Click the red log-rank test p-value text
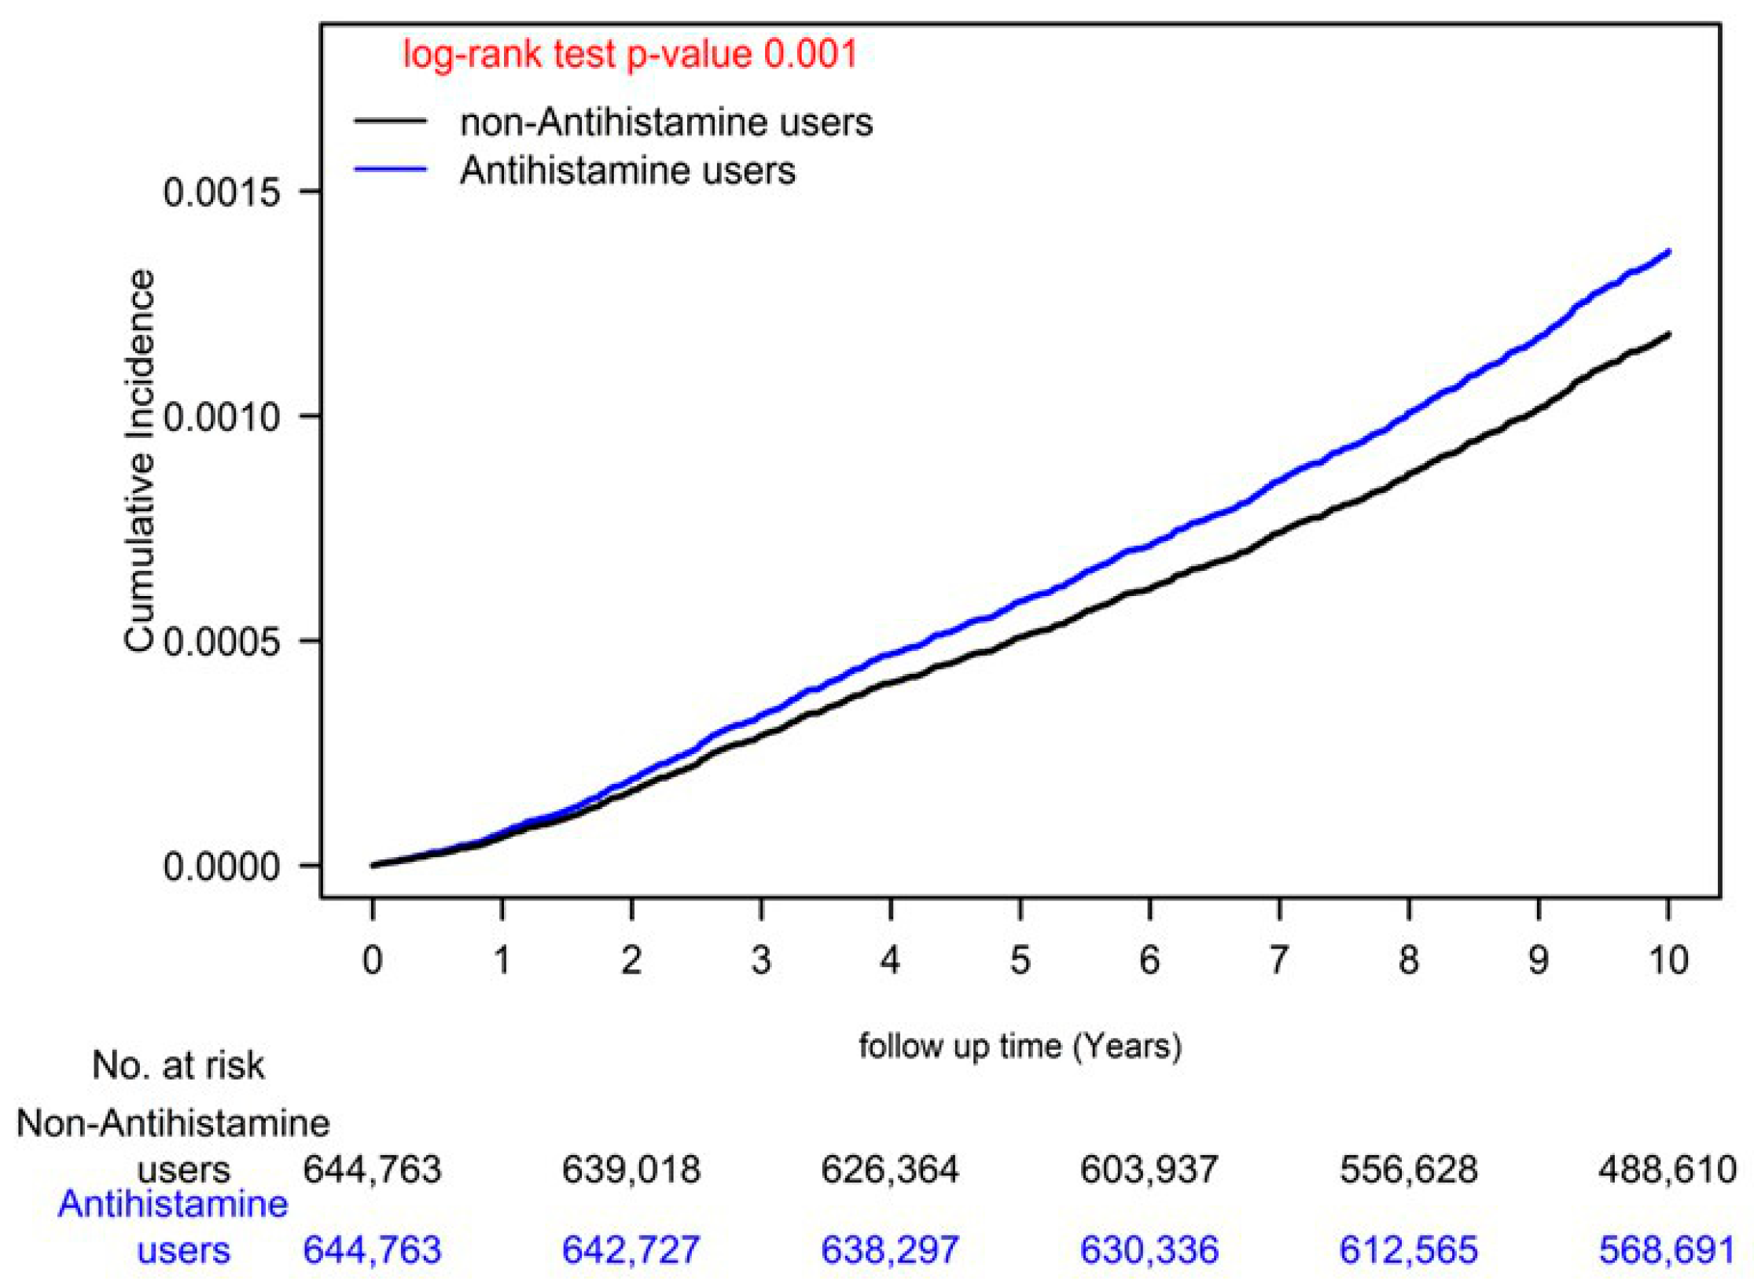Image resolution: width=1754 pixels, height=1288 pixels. tap(629, 55)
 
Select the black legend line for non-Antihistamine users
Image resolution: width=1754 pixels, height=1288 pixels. tap(390, 122)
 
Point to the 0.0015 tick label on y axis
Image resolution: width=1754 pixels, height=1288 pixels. tap(222, 192)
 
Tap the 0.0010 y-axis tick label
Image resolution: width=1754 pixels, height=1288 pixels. tap(222, 417)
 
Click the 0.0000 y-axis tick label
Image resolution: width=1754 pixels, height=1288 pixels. tap(222, 867)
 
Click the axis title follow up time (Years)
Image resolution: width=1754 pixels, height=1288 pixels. tap(1020, 1047)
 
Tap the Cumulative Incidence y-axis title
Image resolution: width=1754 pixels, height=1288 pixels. tap(139, 461)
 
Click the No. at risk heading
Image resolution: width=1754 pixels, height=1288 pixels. tap(178, 1066)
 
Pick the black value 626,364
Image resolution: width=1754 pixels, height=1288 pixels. tap(890, 1170)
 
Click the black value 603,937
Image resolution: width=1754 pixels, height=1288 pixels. tap(1149, 1170)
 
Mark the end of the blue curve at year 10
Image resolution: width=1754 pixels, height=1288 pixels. tap(1668, 252)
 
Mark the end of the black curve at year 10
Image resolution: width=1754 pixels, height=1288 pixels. tap(1668, 334)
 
